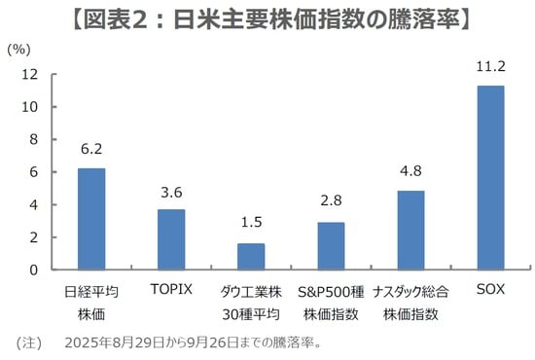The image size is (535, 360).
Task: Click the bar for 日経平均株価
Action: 91,219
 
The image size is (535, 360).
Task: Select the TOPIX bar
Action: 171,239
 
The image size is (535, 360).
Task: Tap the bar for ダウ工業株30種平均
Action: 251,257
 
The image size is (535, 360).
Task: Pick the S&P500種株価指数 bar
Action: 331,246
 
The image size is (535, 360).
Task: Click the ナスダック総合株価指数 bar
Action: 410,230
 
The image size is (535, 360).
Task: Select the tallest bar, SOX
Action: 490,177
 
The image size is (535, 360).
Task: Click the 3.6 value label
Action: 171,193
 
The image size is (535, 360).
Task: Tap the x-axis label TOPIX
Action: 171,289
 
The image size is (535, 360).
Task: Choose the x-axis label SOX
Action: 490,289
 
